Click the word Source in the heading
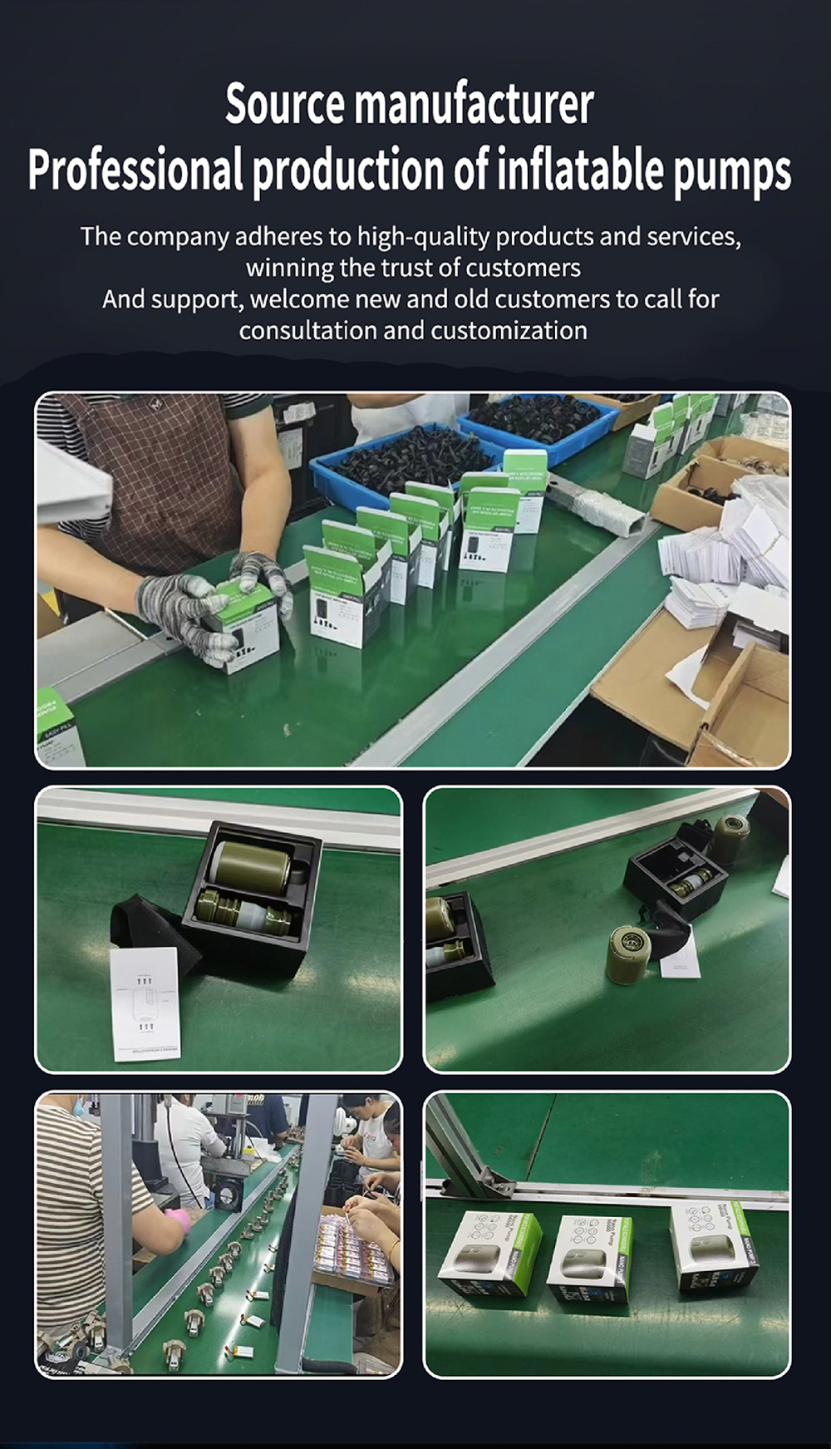coord(284,105)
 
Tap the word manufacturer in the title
coord(474,105)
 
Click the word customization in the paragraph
coord(509,331)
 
